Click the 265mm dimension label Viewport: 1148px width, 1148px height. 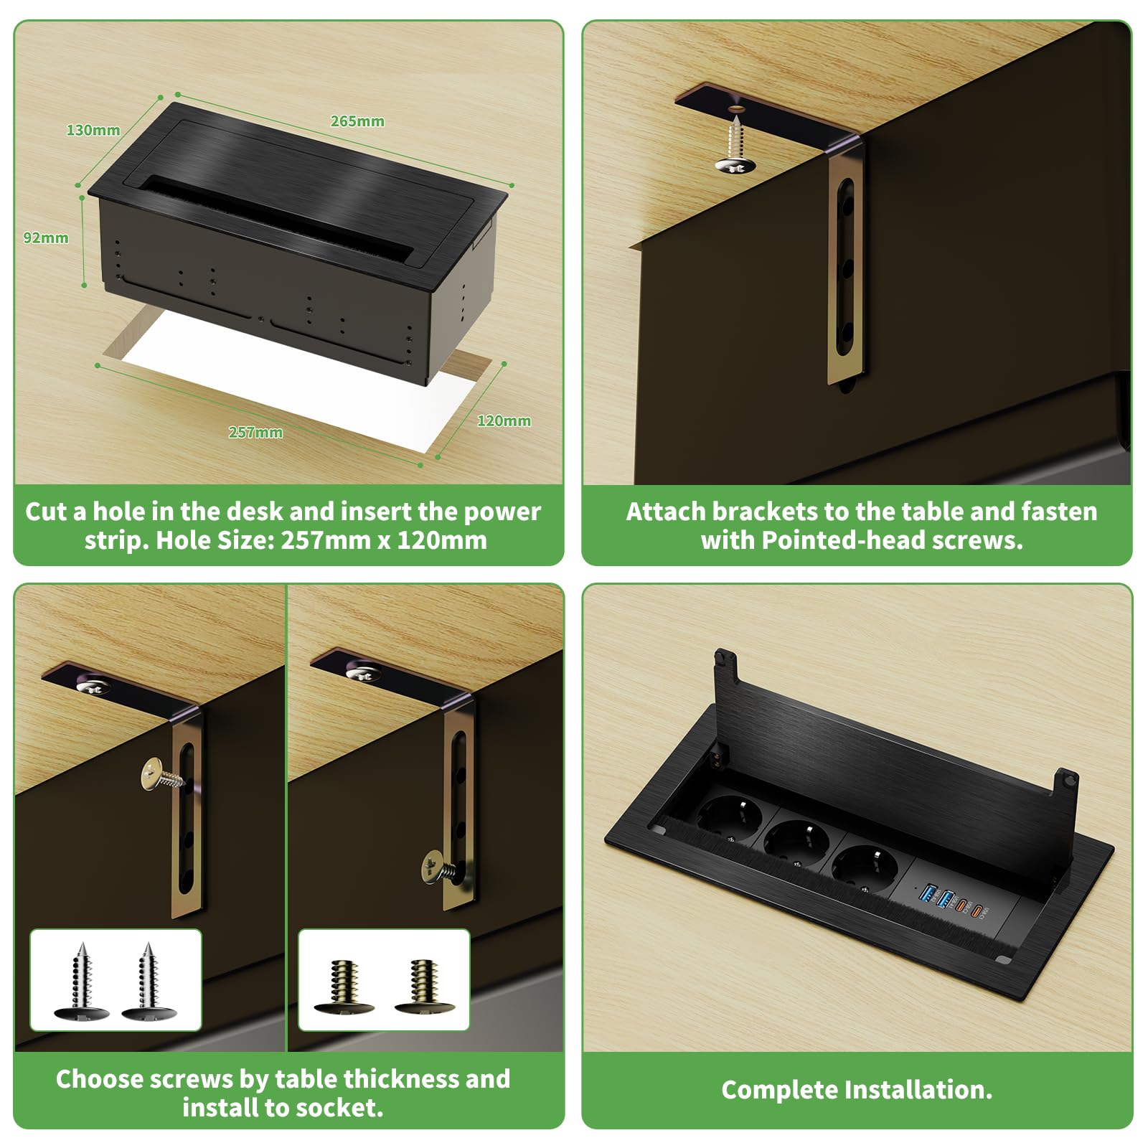point(357,121)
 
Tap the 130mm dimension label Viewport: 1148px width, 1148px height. point(93,130)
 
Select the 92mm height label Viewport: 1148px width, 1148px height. point(46,237)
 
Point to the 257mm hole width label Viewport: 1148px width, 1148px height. point(255,432)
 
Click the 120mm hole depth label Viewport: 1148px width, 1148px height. point(504,420)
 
